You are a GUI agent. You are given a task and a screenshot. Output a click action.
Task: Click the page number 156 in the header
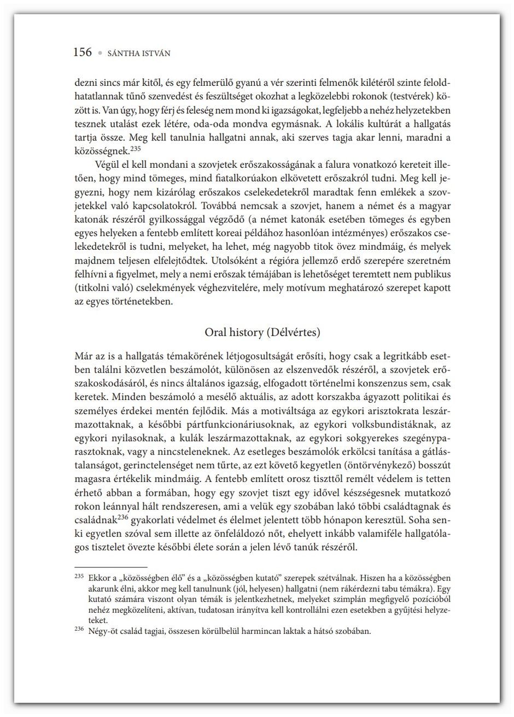(83, 52)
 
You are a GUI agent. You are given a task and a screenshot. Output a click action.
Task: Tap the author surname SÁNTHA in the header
(123, 53)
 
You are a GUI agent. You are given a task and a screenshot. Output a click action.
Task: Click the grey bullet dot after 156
(100, 54)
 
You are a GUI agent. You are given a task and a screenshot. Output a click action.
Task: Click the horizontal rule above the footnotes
(110, 568)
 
